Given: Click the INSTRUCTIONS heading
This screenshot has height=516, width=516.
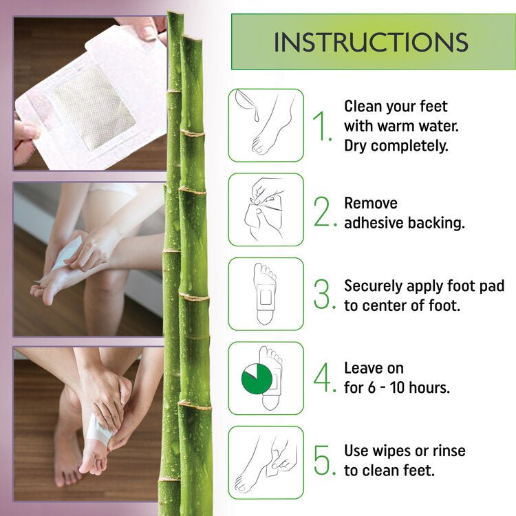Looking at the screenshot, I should [371, 41].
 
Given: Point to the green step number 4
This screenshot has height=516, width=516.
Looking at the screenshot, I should [322, 378].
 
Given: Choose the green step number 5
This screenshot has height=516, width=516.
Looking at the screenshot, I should [322, 461].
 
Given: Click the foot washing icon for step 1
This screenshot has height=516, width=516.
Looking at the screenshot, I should [266, 125].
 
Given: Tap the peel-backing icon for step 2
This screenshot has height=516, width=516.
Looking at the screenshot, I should [266, 209].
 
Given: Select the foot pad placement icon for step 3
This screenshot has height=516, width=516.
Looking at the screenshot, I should [266, 294].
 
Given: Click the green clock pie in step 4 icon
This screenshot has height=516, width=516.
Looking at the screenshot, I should [257, 378].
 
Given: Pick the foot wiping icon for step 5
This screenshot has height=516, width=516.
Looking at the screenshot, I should [266, 462].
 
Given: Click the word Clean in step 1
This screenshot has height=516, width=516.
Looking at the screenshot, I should [363, 107].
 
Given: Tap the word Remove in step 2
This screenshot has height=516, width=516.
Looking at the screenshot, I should [371, 204].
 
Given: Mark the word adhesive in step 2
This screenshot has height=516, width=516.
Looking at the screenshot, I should [372, 223].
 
